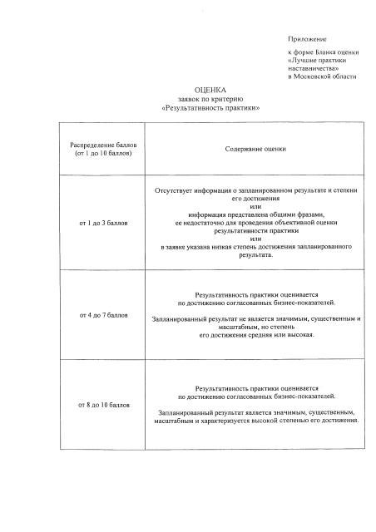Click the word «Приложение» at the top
point(307,39)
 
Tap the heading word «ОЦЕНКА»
point(210,90)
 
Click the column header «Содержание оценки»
point(255,149)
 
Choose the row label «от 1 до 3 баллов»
point(103,224)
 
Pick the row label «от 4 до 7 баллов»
point(103,317)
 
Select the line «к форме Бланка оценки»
point(323,52)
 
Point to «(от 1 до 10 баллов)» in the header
point(103,154)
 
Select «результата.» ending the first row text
point(255,256)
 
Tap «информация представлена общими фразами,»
point(255,215)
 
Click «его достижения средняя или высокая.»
point(255,334)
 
